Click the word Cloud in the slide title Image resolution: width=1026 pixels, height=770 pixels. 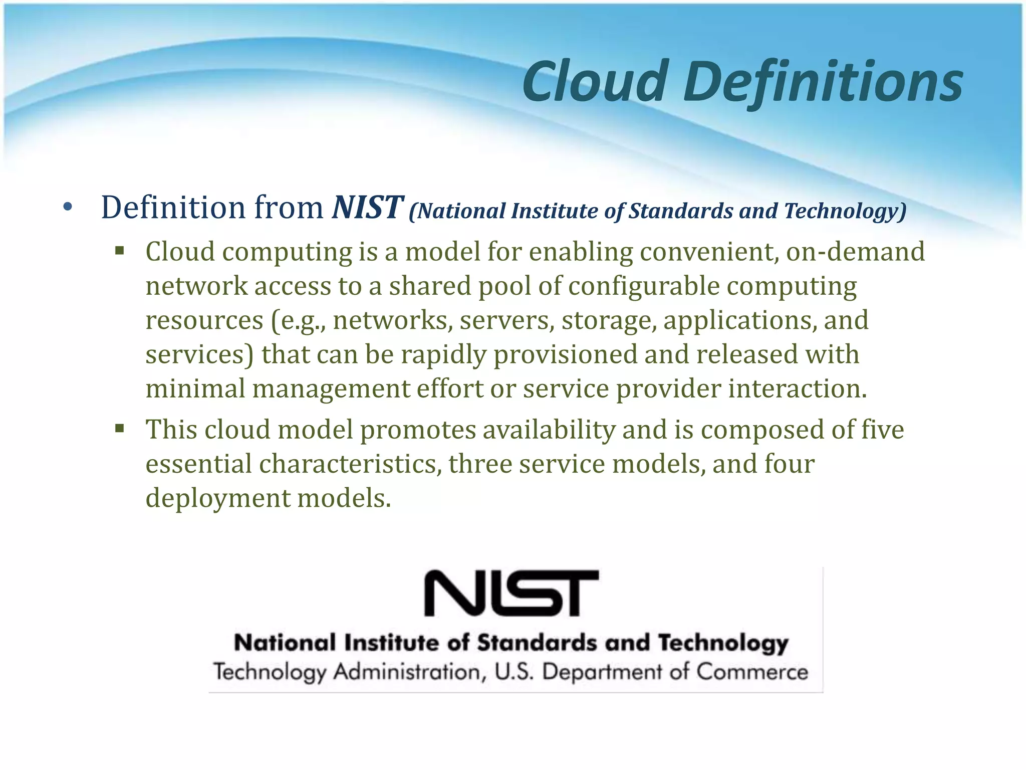(595, 81)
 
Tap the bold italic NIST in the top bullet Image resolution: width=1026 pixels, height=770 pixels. (367, 207)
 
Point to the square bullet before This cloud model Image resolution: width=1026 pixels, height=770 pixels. (119, 429)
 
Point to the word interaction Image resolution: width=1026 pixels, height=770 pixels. (797, 389)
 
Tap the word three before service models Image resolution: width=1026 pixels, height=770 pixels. (480, 464)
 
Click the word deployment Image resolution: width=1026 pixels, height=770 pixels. (217, 499)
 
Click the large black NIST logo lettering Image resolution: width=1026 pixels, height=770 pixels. (511, 593)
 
